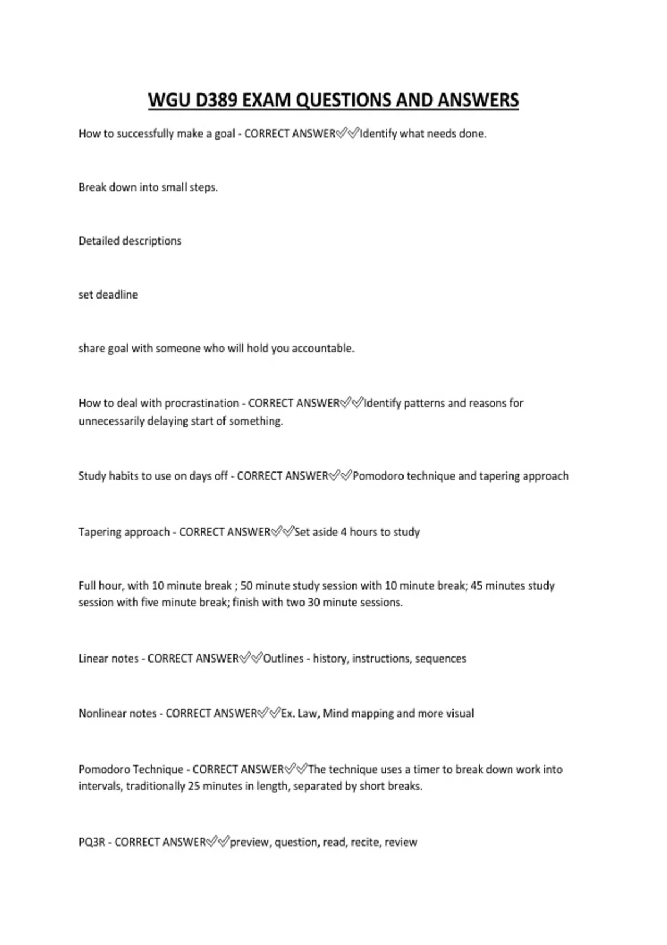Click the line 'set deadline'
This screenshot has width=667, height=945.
pyautogui.click(x=108, y=295)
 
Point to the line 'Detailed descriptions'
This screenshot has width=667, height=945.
pyautogui.click(x=130, y=241)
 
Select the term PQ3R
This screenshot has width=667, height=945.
pyautogui.click(x=92, y=842)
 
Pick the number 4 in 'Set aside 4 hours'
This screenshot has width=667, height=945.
pyautogui.click(x=344, y=532)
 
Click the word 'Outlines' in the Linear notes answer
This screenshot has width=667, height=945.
pyautogui.click(x=283, y=659)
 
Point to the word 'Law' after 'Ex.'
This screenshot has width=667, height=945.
pyautogui.click(x=307, y=713)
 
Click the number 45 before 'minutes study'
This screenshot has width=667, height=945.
pyautogui.click(x=477, y=586)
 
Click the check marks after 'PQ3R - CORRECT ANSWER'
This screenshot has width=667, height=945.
pyautogui.click(x=218, y=842)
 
